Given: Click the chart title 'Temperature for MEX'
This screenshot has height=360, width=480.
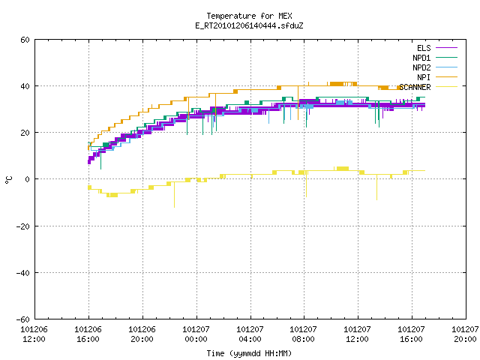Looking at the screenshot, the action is [249, 16].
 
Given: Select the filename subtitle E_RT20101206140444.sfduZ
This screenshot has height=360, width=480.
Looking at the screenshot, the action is [249, 25].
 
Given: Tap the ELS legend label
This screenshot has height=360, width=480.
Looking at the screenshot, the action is [424, 48].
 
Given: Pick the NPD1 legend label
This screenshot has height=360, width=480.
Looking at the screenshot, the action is [421, 58].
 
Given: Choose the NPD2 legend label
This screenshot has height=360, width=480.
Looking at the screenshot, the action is [421, 67].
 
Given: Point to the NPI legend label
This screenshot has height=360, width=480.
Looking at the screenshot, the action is [424, 77].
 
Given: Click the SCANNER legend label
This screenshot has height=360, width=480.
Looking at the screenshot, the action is [415, 87].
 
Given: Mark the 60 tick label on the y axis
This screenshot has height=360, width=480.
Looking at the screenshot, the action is [25, 40].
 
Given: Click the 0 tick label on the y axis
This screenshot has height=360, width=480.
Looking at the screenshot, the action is [28, 179].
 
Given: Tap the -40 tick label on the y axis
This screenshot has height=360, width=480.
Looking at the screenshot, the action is [23, 273].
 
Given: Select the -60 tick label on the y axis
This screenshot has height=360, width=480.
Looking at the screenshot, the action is [23, 319].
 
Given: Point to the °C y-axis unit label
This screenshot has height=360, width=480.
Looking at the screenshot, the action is [8, 180].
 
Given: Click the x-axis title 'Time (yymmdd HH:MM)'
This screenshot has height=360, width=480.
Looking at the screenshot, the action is [249, 353].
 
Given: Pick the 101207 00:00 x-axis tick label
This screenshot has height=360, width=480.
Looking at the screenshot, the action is [196, 334].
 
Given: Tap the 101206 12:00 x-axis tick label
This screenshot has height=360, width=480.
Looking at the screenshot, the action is [34, 334].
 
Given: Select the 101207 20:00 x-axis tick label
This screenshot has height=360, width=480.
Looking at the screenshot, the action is [465, 334].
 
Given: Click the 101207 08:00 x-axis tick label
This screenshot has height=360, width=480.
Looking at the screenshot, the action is [303, 334].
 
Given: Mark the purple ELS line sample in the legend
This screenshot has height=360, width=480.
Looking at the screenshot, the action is [447, 48].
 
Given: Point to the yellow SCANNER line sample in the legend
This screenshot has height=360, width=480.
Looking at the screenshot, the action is [447, 87].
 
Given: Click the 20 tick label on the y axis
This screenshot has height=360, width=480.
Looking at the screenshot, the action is [25, 133].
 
